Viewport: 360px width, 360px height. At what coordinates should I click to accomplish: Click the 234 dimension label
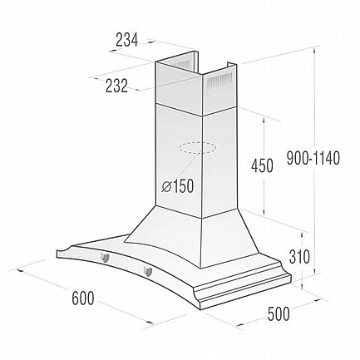point(126,40)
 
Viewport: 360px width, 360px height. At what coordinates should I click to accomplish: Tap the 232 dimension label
point(116,86)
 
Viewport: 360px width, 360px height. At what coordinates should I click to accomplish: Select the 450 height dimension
point(262,165)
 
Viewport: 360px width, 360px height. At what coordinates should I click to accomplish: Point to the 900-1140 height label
point(313,158)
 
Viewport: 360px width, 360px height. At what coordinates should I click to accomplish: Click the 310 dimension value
point(299,257)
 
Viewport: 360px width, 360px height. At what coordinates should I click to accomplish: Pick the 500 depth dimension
point(279,313)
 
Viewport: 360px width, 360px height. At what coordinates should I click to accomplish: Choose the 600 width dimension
point(83,298)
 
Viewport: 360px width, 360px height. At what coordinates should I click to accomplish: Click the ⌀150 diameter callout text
point(178,186)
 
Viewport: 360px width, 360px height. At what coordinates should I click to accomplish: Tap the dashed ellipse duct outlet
point(197,148)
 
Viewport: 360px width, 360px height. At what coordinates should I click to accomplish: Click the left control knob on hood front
point(105,258)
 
